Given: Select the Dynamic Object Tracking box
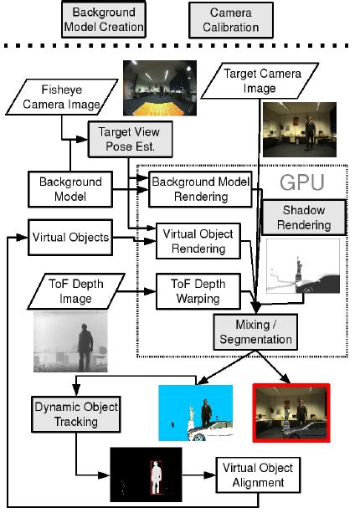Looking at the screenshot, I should [75, 413].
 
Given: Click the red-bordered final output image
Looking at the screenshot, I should [291, 412].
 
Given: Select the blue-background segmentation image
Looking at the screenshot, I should [195, 412].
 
